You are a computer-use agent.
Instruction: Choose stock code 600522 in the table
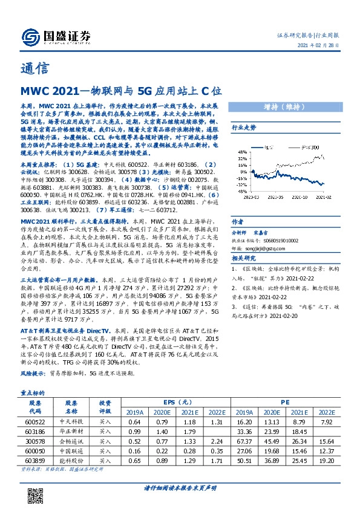[x=34, y=421]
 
